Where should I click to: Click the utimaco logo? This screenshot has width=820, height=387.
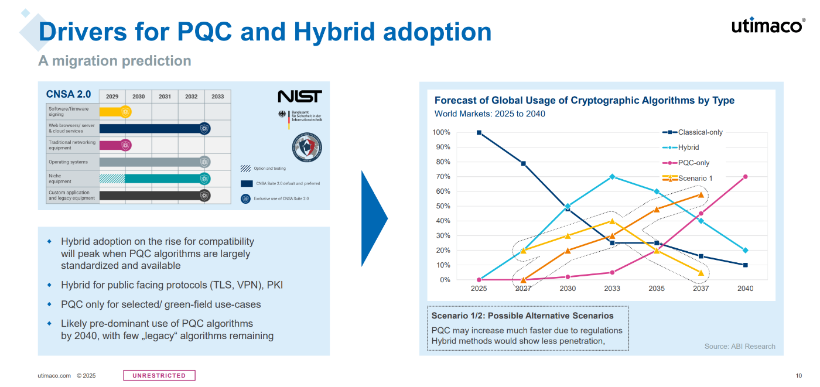[x=768, y=26]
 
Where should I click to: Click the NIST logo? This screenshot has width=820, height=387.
[x=299, y=97]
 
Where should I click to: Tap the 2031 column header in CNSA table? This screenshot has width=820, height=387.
[x=165, y=97]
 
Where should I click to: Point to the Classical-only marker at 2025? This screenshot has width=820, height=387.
[x=479, y=132]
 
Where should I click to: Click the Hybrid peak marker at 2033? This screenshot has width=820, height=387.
[x=612, y=176]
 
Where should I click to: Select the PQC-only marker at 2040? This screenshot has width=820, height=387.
[x=745, y=176]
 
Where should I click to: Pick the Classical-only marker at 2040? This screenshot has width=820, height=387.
[x=745, y=265]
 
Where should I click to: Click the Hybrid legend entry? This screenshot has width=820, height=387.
[x=688, y=148]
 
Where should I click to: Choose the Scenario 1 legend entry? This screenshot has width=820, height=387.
[x=695, y=178]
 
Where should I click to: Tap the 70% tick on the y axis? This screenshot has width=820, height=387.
[x=442, y=176]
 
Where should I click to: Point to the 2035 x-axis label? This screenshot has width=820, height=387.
[x=657, y=289]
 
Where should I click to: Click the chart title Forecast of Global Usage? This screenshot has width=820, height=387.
[x=584, y=101]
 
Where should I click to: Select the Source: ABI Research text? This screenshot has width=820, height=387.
[x=740, y=347]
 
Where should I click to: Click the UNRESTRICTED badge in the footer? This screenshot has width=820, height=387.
[x=159, y=375]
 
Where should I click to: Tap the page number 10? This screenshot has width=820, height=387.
[x=799, y=376]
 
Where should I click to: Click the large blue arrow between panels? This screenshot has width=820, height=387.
[x=374, y=218]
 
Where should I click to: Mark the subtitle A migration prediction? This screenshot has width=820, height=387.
[x=115, y=61]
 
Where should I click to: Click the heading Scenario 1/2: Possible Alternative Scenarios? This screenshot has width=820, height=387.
[x=522, y=316]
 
